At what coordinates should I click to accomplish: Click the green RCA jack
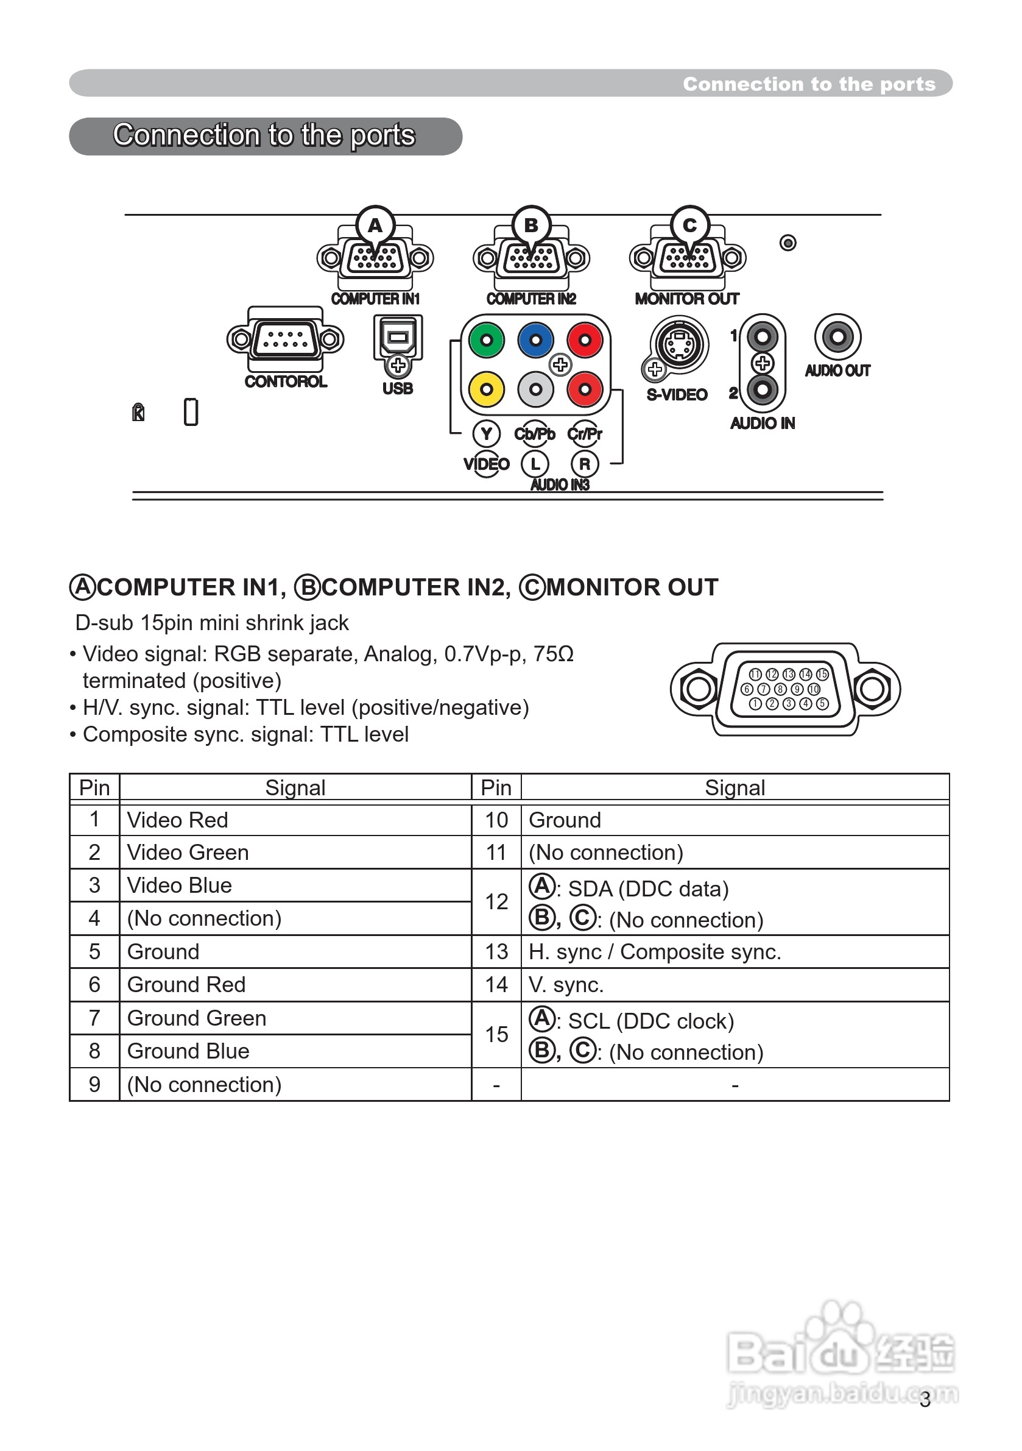point(487,340)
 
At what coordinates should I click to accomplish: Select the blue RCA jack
point(535,340)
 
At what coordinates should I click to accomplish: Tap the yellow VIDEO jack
point(487,389)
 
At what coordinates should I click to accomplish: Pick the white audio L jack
point(535,389)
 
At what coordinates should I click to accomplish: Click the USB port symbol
point(398,338)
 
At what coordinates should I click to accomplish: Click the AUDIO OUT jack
point(837,336)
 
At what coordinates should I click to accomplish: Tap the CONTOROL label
point(286,381)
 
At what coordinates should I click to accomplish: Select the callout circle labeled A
point(375,225)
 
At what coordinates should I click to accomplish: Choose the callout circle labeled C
point(689,225)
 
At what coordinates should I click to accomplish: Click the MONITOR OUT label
point(686,299)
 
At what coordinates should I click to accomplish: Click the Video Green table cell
point(188,853)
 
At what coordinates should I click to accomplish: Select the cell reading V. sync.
point(566,985)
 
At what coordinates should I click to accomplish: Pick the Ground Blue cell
point(188,1051)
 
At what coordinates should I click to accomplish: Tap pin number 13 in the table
point(496,952)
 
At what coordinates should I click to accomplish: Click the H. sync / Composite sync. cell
point(655,952)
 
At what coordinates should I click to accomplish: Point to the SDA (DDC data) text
point(648,889)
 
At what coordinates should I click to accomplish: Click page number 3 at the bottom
point(925,1400)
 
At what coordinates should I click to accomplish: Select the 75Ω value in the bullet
point(553,653)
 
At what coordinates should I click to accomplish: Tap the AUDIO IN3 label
point(560,484)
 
